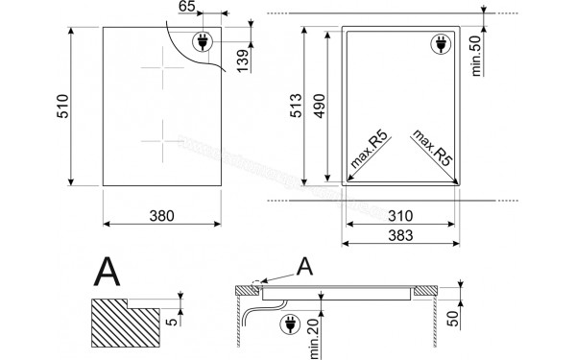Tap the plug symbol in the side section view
point(286,326)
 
